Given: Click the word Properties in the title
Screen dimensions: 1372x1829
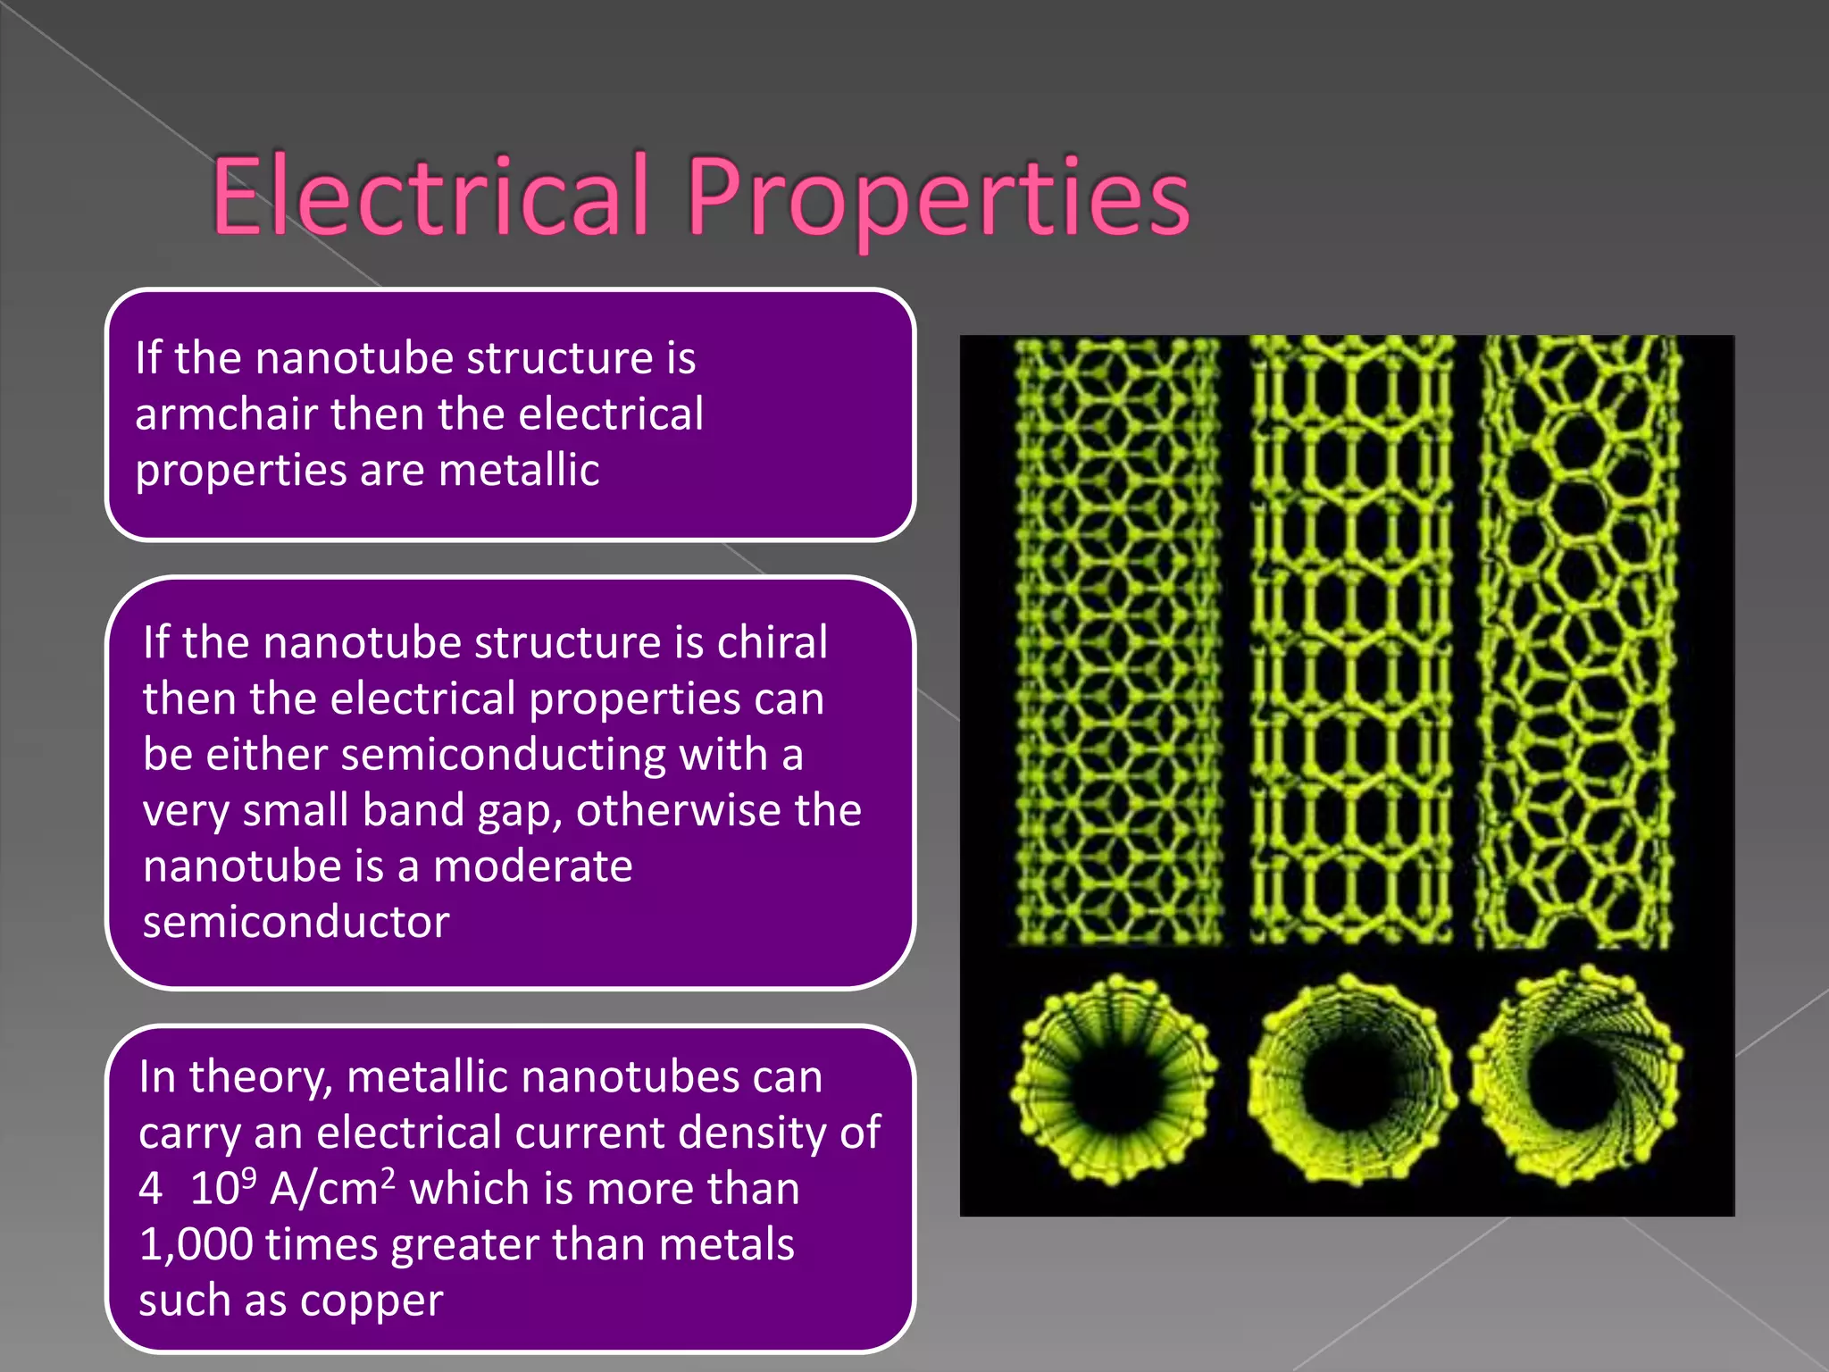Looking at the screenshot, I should [x=938, y=198].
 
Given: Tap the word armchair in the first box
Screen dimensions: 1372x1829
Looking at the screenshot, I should [x=226, y=414].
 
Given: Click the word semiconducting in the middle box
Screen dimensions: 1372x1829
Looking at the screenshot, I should [x=503, y=755].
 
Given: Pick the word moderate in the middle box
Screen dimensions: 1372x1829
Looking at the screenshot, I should [x=532, y=866].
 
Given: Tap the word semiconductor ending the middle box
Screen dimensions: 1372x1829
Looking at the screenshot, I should [x=296, y=922].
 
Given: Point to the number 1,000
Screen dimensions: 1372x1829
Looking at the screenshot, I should [x=196, y=1245].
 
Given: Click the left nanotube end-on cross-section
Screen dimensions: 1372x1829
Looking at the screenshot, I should [x=1115, y=1081].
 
